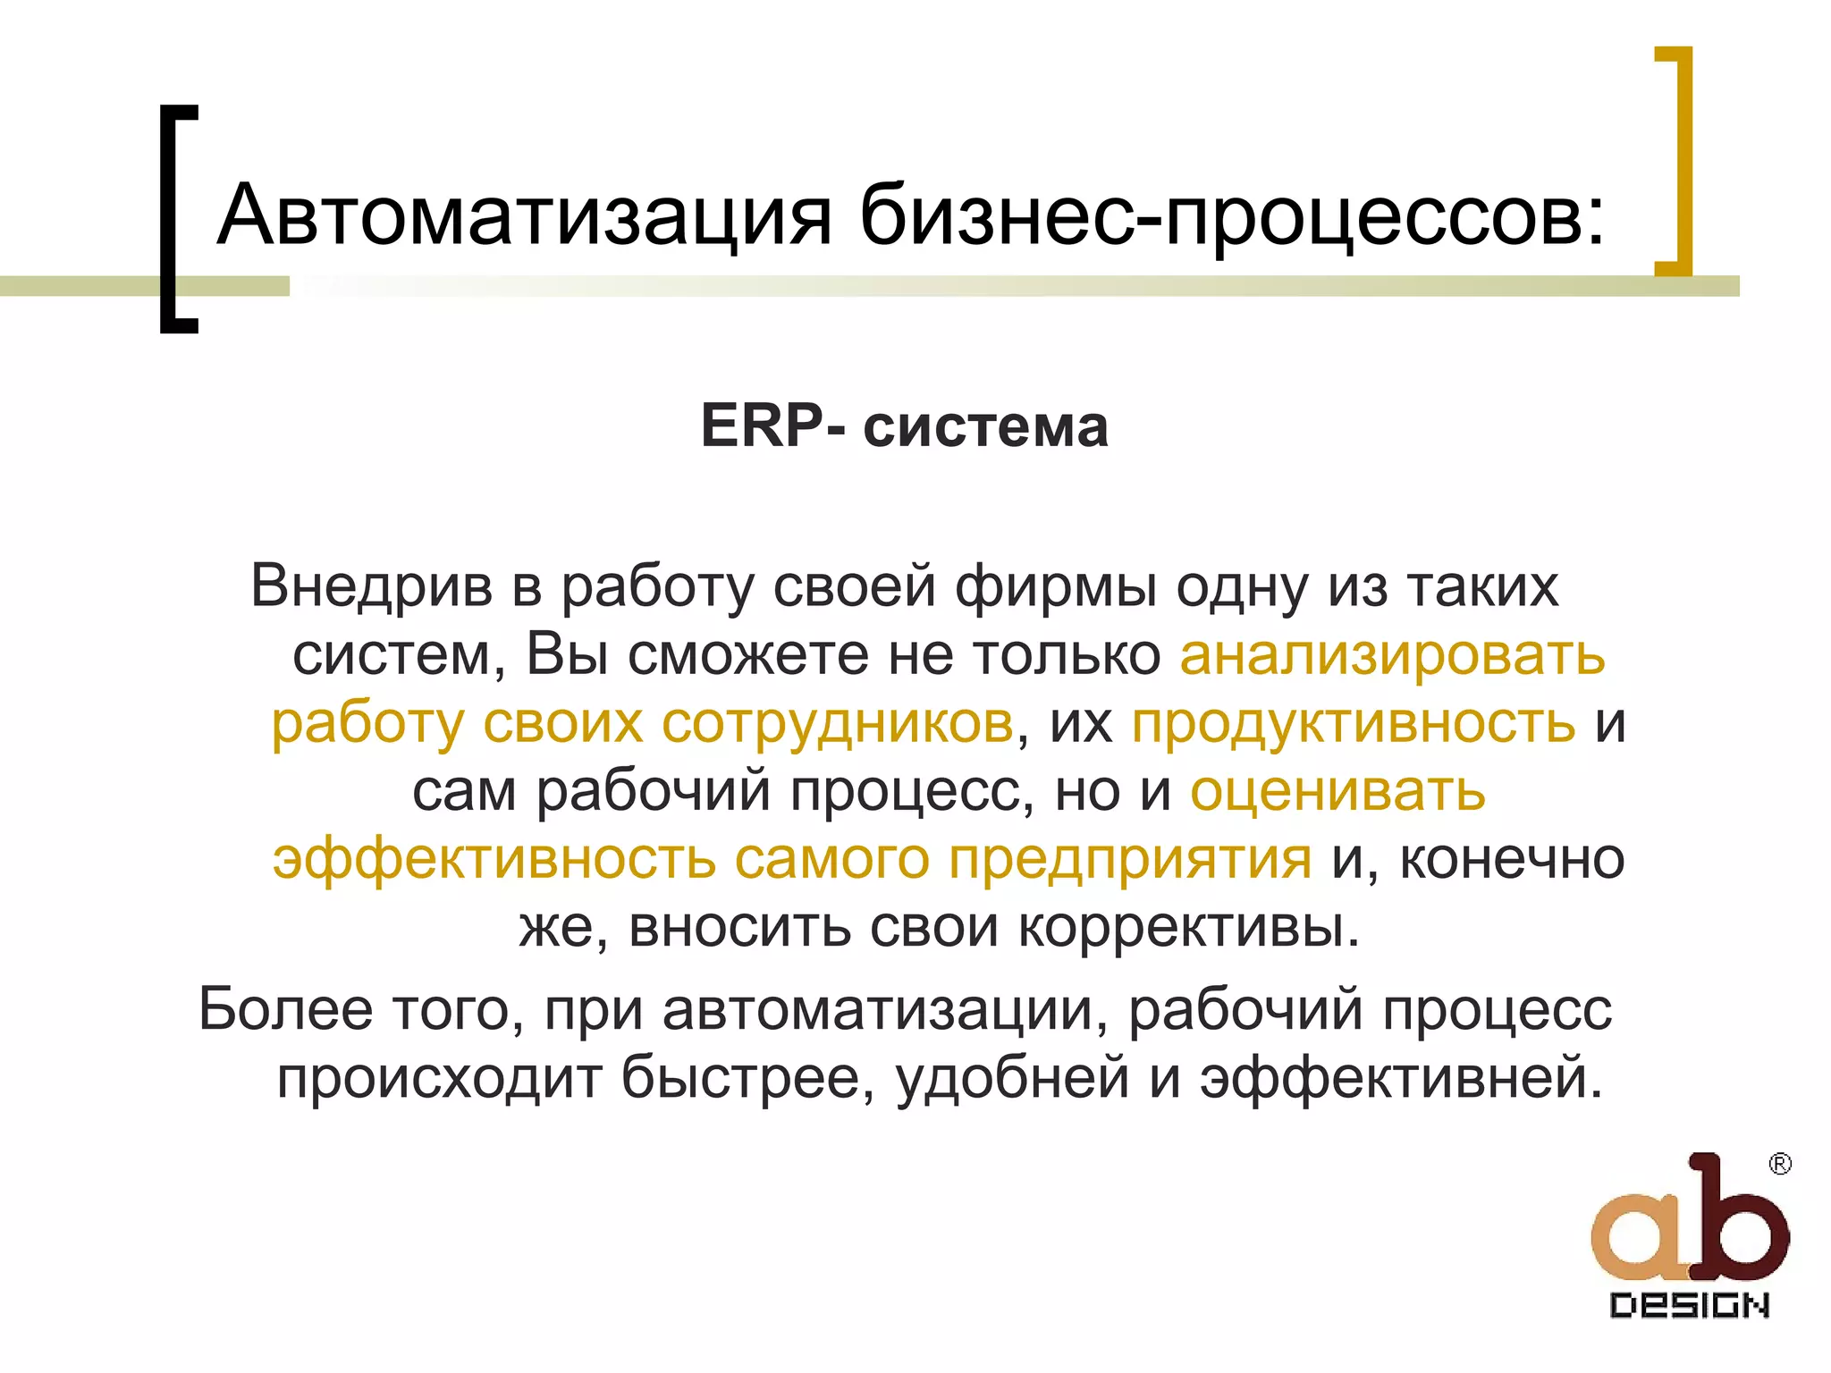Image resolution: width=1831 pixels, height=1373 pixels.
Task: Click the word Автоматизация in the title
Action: pyautogui.click(x=525, y=216)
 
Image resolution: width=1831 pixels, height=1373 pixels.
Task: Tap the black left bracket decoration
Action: pyautogui.click(x=174, y=219)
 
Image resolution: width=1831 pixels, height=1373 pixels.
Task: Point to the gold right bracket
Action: pyautogui.click(x=1677, y=161)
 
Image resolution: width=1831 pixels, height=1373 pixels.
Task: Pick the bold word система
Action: pyautogui.click(x=985, y=427)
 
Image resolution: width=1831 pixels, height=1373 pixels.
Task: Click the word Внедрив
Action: pyautogui.click(x=371, y=587)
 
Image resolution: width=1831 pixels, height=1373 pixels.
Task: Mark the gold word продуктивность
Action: pyautogui.click(x=1353, y=722)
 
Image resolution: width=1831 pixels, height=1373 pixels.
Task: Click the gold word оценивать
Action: pyautogui.click(x=1337, y=790)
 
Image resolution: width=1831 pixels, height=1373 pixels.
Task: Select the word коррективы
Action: pyautogui.click(x=1189, y=927)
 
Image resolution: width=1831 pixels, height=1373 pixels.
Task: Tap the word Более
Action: pyautogui.click(x=285, y=1009)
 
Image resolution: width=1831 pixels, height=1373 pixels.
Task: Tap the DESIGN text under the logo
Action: pyautogui.click(x=1689, y=1306)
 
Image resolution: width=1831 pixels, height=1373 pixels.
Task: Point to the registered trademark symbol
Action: pyautogui.click(x=1780, y=1164)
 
